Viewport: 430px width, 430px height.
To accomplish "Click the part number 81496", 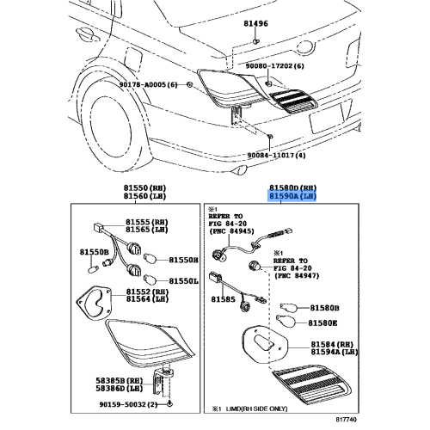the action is tap(255, 23).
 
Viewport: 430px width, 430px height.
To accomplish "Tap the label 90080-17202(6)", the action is tap(275, 66).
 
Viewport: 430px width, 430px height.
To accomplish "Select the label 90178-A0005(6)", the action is tap(149, 85).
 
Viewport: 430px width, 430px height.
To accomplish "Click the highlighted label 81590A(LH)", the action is tap(292, 196).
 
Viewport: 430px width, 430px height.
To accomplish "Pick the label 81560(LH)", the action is tap(145, 196).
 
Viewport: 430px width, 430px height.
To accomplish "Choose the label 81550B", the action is tap(95, 252).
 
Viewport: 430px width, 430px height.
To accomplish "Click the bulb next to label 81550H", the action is tap(150, 258).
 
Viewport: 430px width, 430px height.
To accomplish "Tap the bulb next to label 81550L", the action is tap(150, 279).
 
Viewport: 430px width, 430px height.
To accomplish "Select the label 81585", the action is tap(223, 299).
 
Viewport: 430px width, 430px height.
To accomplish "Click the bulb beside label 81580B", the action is tap(289, 308).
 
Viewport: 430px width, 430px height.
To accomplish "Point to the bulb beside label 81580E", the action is tap(286, 321).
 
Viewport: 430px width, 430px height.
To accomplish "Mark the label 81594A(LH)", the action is tap(335, 352).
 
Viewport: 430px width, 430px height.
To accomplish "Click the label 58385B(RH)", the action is tap(120, 381).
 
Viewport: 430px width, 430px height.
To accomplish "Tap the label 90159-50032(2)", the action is tap(129, 404).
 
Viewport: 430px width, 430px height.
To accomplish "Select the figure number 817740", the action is tap(347, 420).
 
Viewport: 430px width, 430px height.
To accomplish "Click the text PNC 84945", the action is tap(231, 231).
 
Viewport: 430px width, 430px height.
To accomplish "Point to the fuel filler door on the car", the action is tap(133, 59).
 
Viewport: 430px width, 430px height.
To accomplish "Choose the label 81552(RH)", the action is tap(147, 292).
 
